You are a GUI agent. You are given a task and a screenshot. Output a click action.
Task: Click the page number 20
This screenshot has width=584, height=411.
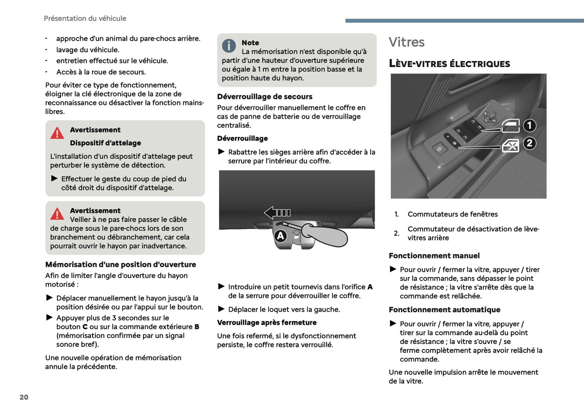coord(24,397)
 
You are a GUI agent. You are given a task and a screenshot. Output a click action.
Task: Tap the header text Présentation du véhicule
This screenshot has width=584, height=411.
coord(85,19)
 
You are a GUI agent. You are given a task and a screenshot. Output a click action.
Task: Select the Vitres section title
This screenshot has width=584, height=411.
coord(407,42)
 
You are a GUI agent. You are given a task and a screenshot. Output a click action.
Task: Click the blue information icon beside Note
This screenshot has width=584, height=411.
coord(229,46)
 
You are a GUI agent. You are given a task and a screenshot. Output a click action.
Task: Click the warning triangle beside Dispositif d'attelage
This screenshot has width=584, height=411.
coord(57,133)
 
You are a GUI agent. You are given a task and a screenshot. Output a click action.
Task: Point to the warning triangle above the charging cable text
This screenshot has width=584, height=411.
coord(57,214)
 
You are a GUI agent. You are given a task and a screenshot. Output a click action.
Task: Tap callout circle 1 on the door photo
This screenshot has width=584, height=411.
coord(529,126)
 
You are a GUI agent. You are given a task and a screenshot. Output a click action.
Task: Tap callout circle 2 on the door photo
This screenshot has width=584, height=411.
coord(529,143)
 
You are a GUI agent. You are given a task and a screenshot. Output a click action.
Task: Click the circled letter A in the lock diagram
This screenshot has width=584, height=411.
coord(280,236)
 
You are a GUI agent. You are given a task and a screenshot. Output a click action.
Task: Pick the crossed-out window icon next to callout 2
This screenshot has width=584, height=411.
coord(510,146)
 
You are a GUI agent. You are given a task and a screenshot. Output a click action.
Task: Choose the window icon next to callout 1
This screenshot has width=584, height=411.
coord(510,126)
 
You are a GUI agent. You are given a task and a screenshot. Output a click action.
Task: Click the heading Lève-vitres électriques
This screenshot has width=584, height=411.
coord(449,64)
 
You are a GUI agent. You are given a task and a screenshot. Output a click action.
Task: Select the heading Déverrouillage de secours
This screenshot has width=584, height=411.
coord(265,97)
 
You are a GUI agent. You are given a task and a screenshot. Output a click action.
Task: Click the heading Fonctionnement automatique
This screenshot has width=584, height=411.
coord(445,310)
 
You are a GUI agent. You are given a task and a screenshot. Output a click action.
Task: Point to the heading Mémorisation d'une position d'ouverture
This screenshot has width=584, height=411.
coord(120,265)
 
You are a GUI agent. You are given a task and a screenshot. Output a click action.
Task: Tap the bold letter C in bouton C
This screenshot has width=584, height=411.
coord(85,327)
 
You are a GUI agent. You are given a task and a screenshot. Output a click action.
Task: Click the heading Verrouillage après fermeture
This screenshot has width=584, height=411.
coord(267,323)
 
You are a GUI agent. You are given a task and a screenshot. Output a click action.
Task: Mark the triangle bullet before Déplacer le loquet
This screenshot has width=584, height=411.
coord(221,309)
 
